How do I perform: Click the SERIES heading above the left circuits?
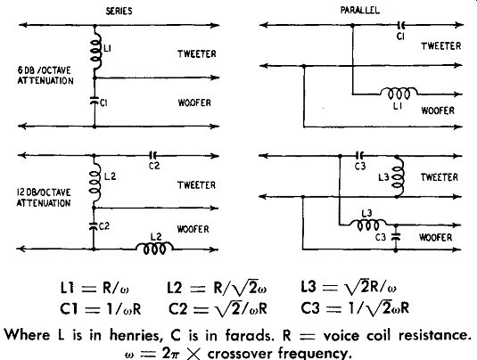tap(119, 12)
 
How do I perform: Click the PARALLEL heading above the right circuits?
tap(360, 11)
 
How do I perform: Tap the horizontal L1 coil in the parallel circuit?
tap(399, 93)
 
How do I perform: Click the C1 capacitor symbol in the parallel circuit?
tap(400, 25)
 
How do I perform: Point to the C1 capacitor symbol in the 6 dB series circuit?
tap(95, 101)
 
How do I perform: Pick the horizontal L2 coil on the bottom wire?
tap(154, 249)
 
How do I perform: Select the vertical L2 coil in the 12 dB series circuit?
tap(95, 182)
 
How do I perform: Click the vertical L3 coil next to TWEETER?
tap(399, 176)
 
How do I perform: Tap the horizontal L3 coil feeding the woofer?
tap(367, 225)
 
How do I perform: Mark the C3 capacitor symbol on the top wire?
tap(359, 156)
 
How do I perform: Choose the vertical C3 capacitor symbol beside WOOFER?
tap(396, 236)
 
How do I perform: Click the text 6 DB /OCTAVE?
tap(44, 70)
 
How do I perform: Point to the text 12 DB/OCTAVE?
tap(44, 192)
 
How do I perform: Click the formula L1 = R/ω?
tap(95, 287)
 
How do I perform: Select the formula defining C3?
tap(355, 308)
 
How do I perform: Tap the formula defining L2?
tap(217, 287)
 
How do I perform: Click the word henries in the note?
tap(135, 335)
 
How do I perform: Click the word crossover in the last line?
tap(241, 353)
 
